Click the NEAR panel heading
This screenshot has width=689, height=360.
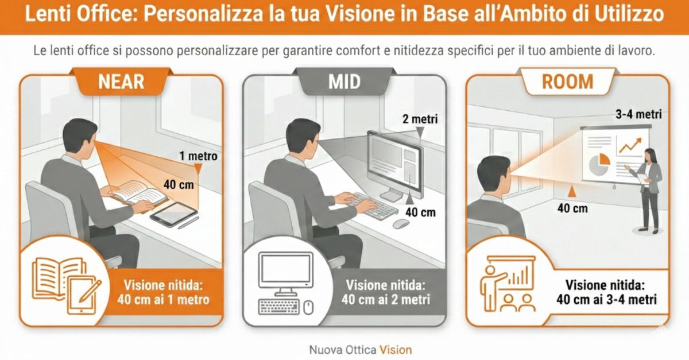121,82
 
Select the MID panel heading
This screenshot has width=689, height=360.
344,82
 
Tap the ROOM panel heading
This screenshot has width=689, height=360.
567,82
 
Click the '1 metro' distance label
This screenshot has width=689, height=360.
199,156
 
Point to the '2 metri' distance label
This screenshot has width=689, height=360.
420,119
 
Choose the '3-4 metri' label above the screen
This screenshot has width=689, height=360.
638,114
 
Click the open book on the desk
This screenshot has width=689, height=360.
138,193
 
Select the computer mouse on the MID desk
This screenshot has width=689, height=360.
401,224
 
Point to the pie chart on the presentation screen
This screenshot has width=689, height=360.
599,164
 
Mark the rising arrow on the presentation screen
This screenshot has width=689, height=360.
630,145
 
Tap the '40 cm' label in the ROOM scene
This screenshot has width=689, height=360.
572,208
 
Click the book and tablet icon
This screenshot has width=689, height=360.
67,286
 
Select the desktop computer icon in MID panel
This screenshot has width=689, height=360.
286,284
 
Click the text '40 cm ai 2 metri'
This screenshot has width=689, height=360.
386,300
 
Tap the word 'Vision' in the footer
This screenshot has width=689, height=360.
396,350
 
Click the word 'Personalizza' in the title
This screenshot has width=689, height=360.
203,14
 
